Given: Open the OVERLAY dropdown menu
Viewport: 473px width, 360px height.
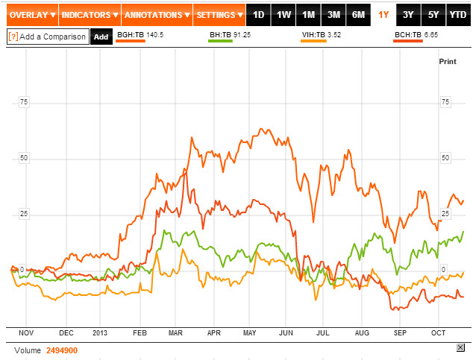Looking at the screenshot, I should point(30,15).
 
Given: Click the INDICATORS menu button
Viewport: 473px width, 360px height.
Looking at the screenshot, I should point(89,15).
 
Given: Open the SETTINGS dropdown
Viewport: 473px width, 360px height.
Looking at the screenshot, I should point(219,15).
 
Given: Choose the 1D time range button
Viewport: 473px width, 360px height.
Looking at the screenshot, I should point(258,15).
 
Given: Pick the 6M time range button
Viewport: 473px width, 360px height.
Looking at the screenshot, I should point(358,15).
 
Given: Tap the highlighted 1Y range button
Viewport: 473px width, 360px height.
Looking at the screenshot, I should point(383,15).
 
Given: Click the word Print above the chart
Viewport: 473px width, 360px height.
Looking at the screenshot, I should point(447,61).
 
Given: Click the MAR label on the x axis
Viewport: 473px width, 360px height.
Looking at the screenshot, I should point(176,332).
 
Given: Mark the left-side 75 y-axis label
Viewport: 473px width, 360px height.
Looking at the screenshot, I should point(23,101).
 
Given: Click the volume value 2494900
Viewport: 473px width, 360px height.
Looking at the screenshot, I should point(62,350).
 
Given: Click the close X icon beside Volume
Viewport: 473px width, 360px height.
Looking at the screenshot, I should point(460,348).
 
